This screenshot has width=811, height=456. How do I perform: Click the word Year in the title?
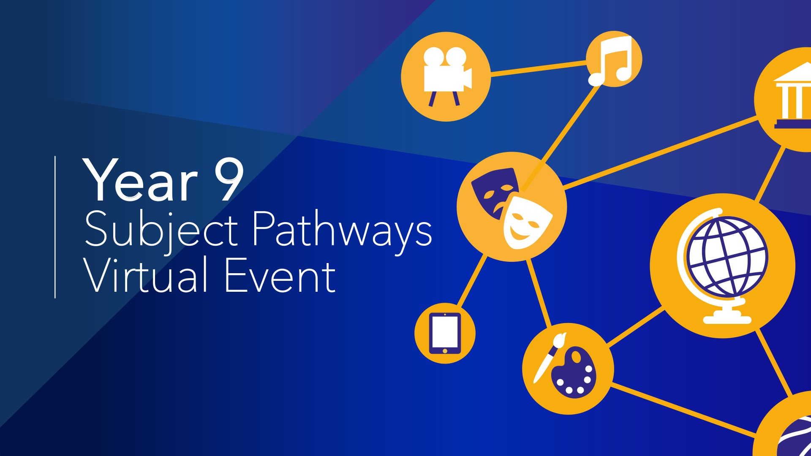[141, 180]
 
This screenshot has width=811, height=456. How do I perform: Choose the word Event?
[280, 275]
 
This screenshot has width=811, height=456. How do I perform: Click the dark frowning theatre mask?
[493, 191]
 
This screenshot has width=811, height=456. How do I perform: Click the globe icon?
[723, 265]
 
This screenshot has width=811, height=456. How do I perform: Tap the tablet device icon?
[445, 333]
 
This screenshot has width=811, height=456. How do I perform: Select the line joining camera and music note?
[539, 69]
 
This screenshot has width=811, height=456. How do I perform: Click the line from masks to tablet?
[473, 280]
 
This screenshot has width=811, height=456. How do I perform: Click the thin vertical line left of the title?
[55, 227]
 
